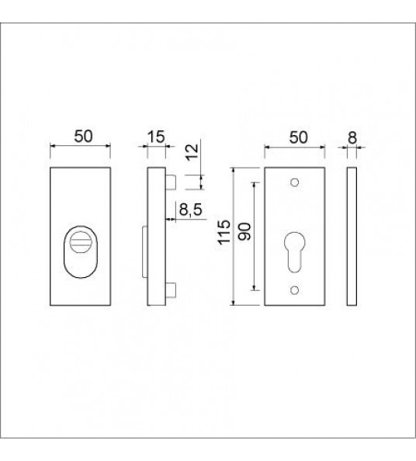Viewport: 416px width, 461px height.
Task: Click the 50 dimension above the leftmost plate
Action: coord(83,136)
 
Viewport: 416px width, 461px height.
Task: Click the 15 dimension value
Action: coord(156,137)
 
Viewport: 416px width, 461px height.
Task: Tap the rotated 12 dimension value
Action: coord(192,152)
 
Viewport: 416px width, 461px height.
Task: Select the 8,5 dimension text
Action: coord(191,210)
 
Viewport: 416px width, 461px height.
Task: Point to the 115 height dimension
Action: coord(224,232)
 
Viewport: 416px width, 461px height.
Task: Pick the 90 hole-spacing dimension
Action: coord(244,232)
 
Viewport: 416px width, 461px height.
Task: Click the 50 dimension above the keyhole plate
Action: coord(298,137)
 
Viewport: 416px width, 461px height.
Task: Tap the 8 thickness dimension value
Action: coord(352,137)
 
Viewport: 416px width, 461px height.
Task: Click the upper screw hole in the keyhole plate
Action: coord(295,182)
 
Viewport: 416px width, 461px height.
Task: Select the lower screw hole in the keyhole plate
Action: coord(295,290)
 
